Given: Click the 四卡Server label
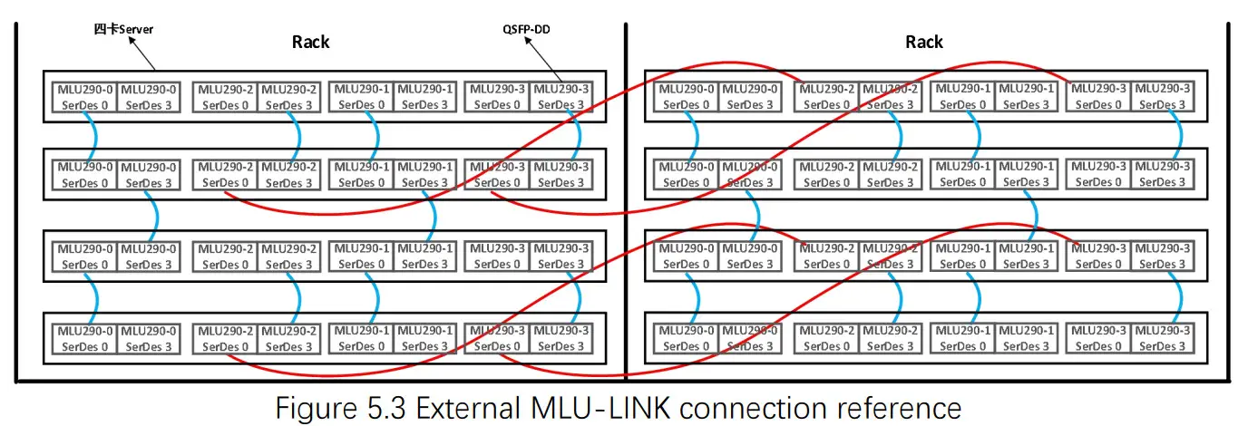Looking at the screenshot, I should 124,29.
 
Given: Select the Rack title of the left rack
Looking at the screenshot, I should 310,42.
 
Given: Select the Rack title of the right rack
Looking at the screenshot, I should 923,42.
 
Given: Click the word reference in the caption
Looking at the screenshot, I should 898,407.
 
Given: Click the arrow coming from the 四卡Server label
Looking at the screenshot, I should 142,53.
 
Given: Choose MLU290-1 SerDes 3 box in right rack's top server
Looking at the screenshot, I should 1027,97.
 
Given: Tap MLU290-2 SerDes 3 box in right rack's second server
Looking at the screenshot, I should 887,175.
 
